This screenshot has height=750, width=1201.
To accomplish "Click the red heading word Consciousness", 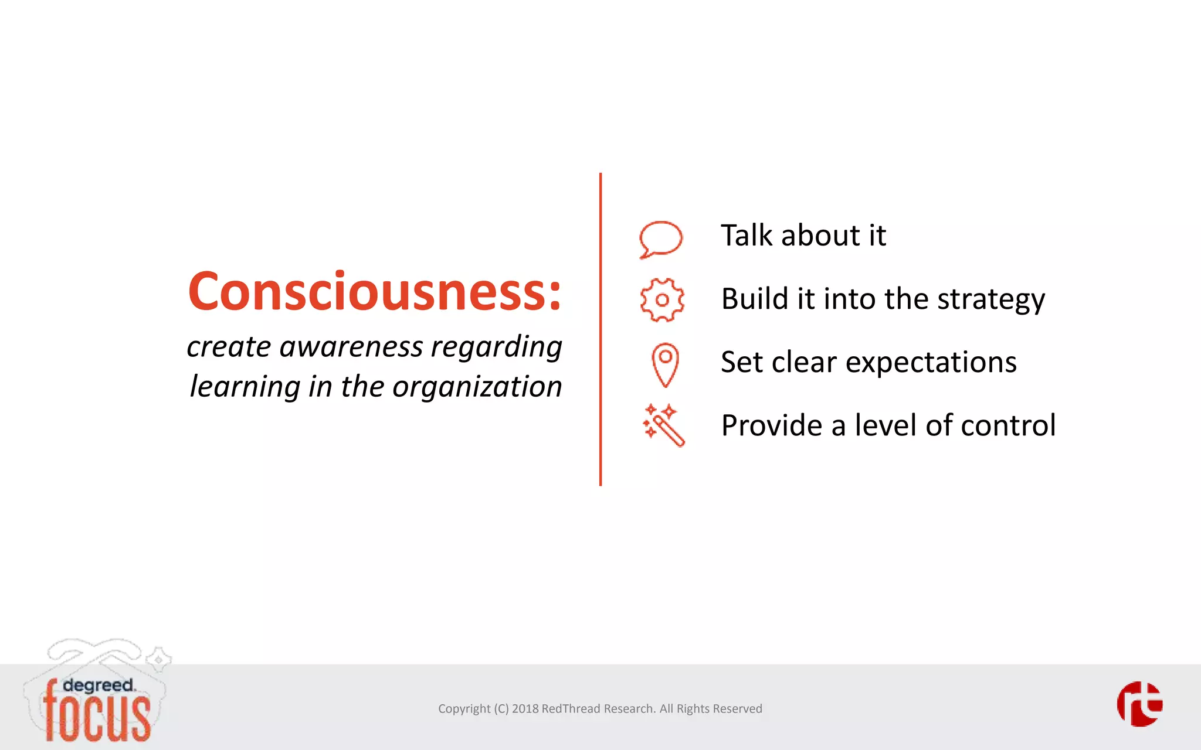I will point(374,292).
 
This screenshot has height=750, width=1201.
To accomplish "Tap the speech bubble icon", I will point(661,238).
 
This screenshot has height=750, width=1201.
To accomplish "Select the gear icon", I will point(662,300).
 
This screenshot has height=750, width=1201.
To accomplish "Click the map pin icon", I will point(665,364).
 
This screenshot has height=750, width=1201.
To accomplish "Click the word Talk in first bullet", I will point(747,236).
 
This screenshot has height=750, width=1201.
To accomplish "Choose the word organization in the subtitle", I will point(477,387).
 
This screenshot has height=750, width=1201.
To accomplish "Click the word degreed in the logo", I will point(98,685).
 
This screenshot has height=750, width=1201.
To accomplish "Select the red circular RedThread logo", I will point(1139,704).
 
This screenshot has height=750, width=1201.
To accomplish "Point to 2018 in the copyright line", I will point(525,709).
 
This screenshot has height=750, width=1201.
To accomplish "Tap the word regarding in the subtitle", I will point(496,347).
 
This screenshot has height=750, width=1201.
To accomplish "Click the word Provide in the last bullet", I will point(771,425).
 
